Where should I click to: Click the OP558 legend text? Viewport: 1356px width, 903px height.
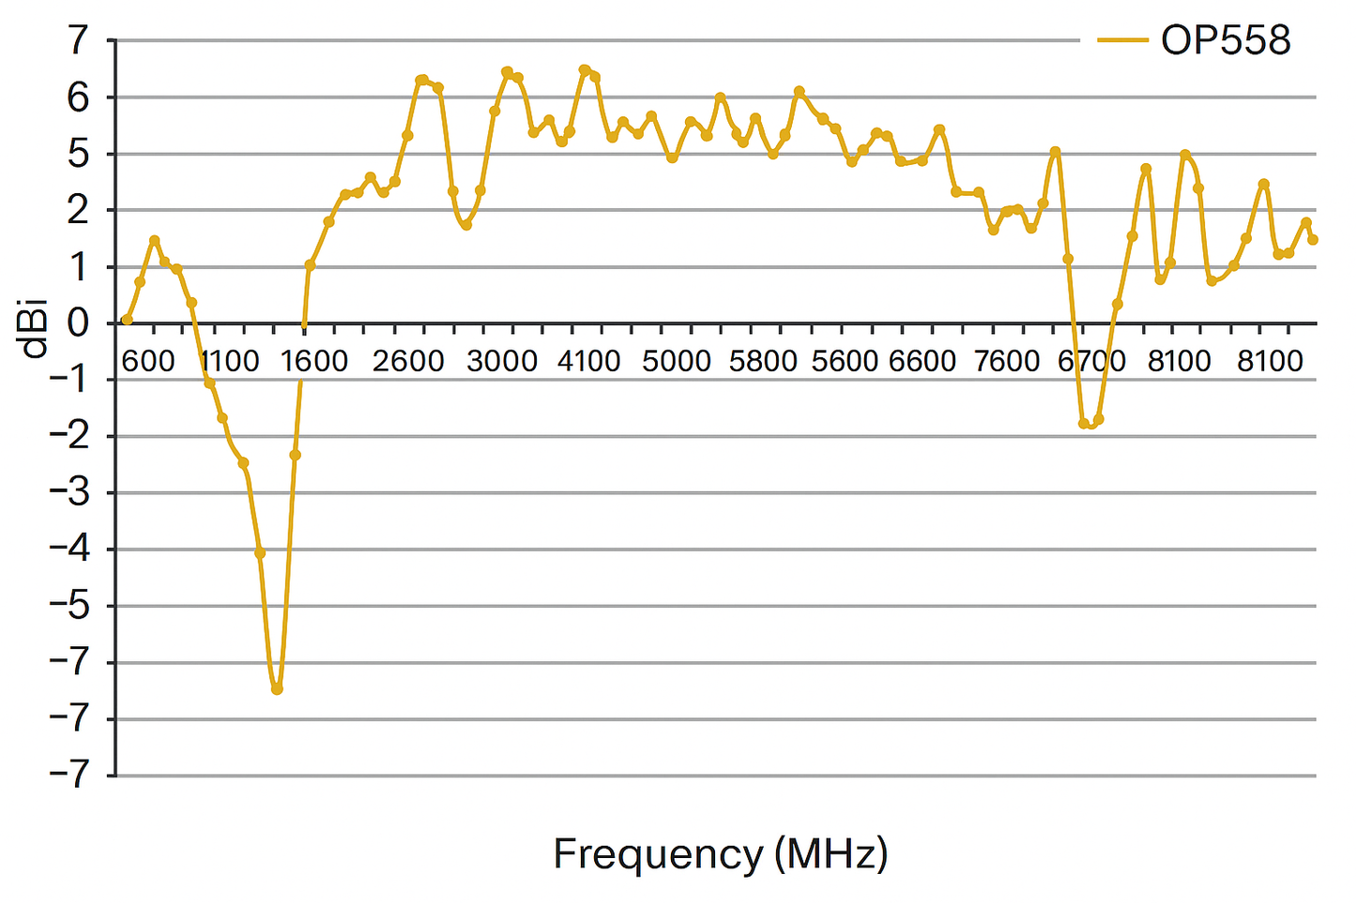click(1226, 40)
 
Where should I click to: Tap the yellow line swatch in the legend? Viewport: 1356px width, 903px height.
click(1122, 40)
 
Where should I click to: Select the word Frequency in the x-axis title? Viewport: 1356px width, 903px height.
click(658, 854)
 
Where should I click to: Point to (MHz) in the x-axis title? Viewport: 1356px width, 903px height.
click(831, 854)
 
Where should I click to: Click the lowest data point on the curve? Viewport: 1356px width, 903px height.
click(277, 689)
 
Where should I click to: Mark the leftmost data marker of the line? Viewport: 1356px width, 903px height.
click(127, 320)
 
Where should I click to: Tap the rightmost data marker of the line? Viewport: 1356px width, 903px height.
click(1313, 240)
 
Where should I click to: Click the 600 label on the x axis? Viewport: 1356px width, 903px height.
click(148, 361)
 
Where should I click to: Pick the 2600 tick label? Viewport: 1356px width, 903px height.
click(408, 361)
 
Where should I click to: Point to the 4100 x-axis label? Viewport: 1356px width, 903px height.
click(588, 361)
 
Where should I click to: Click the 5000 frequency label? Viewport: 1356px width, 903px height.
click(677, 361)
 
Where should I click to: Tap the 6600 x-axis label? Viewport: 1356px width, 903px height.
click(922, 361)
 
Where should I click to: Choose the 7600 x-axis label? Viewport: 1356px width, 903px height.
click(1008, 361)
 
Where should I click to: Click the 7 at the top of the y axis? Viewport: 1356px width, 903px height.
click(77, 40)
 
